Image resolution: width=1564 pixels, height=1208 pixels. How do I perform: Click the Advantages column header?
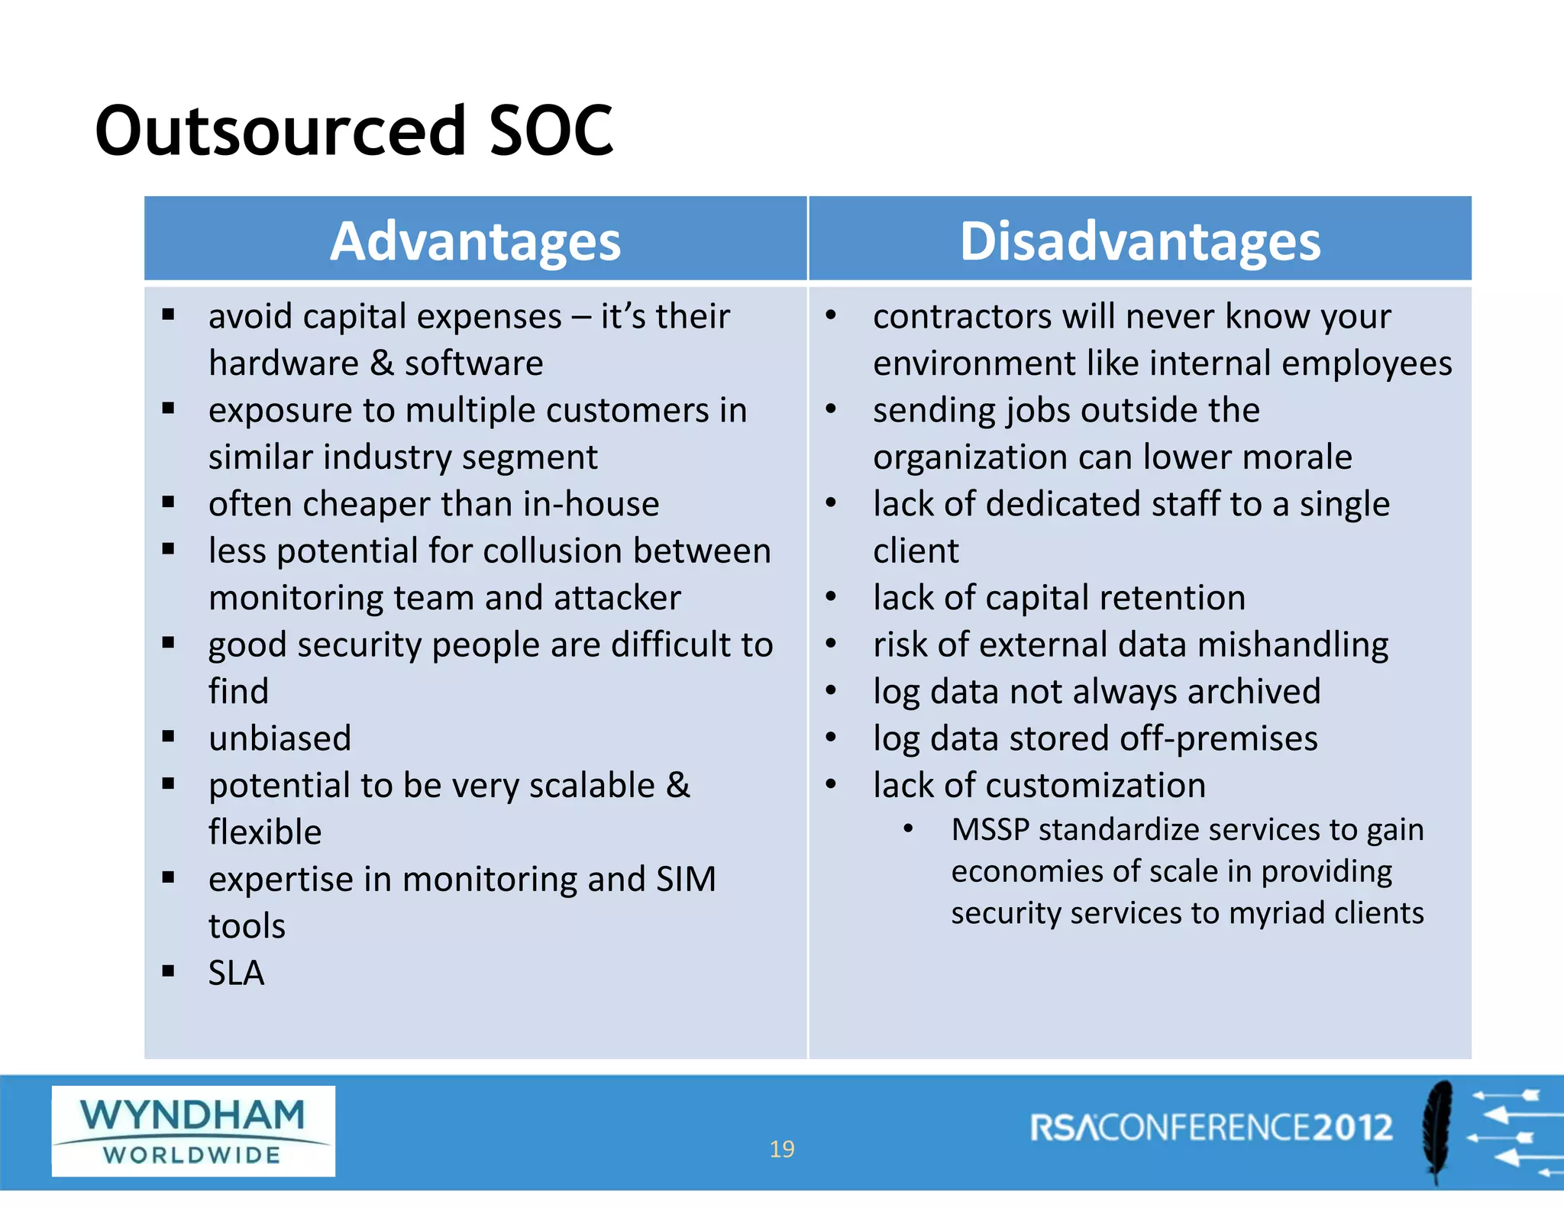click(x=475, y=241)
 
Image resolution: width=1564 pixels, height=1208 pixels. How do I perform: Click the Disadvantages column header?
click(x=1139, y=241)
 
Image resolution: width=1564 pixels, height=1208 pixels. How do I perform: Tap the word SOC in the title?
click(x=551, y=131)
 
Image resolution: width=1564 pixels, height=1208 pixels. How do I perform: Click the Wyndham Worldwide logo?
click(x=193, y=1131)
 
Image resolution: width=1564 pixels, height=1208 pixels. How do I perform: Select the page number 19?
click(x=781, y=1148)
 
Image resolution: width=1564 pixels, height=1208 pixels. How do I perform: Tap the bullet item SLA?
click(x=236, y=973)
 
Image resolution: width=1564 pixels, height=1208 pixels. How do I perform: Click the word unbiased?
click(x=280, y=738)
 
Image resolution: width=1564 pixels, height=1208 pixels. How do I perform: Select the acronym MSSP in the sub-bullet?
click(x=990, y=829)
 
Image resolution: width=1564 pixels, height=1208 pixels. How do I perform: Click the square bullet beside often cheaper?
click(x=169, y=502)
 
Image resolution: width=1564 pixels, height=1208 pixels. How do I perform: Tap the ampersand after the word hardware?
click(x=381, y=363)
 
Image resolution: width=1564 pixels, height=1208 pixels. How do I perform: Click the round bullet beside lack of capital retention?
click(x=831, y=597)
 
